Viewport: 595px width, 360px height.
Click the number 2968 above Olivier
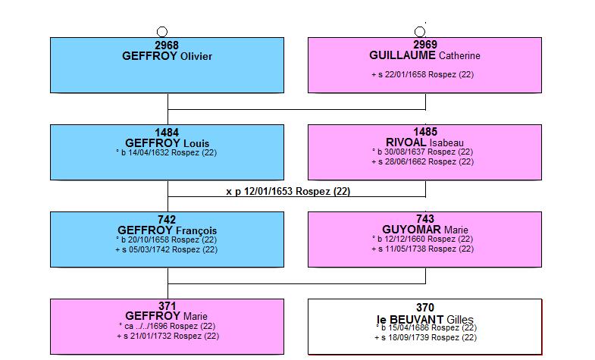(167, 45)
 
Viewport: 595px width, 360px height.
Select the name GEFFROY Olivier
(167, 56)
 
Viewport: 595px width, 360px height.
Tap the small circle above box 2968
(162, 32)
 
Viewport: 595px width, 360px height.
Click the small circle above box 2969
(420, 32)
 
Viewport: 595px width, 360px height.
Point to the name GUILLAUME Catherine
(424, 55)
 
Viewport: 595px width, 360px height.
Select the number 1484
(167, 133)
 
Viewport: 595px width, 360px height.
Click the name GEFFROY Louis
(167, 143)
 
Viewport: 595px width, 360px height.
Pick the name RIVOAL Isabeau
(424, 142)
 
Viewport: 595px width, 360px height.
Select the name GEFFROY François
(167, 230)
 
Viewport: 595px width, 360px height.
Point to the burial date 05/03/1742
(149, 249)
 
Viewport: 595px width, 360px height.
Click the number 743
(425, 219)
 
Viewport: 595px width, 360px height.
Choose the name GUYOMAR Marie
(425, 230)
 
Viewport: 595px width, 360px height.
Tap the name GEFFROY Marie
(166, 316)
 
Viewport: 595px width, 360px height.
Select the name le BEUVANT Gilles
(425, 319)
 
